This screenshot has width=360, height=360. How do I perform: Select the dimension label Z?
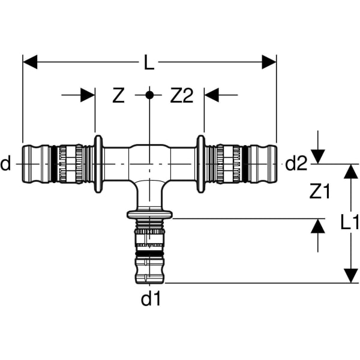[119, 95]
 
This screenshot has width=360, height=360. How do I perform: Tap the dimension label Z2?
[182, 95]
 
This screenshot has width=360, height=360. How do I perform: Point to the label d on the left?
[6, 163]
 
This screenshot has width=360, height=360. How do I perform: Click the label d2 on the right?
[296, 163]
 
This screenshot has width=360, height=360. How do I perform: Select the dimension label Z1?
[320, 191]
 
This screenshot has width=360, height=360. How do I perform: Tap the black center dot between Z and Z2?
[150, 95]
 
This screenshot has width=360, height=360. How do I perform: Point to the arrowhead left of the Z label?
[88, 95]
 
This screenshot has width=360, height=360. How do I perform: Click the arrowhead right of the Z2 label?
[212, 95]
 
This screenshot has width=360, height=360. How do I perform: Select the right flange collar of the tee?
[200, 163]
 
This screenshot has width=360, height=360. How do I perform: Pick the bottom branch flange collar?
[149, 214]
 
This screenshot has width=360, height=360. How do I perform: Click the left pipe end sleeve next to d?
[36, 163]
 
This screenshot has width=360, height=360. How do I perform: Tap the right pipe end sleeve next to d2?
[263, 163]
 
